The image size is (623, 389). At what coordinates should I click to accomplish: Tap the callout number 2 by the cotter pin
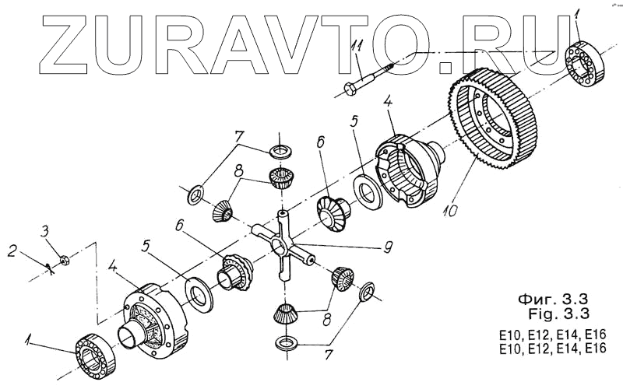tap(12, 251)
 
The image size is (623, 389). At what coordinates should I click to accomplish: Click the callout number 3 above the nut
tap(45, 230)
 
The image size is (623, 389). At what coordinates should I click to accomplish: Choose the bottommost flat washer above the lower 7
tap(287, 342)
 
